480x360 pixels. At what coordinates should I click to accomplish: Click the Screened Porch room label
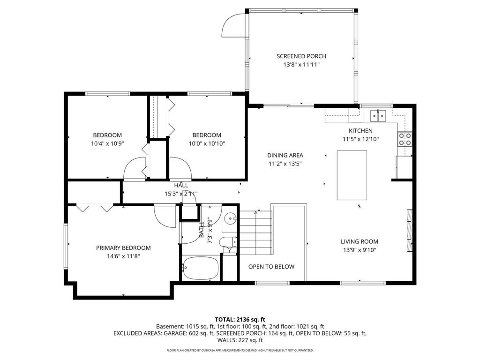coord(301,56)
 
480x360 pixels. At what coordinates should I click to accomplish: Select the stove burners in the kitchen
coord(405,139)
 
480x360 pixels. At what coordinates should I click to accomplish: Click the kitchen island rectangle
coord(352,175)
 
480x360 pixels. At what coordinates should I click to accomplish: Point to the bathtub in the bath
coord(200,268)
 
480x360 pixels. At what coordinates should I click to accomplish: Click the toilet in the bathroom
coord(228,245)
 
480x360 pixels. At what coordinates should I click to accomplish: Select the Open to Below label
coord(271,267)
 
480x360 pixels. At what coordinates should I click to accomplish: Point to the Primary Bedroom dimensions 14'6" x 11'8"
coord(123,256)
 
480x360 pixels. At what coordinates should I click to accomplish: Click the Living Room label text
coord(359,242)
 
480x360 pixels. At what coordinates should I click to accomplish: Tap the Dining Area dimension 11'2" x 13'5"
coord(285,164)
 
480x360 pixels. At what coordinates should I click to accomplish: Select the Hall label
coord(181,186)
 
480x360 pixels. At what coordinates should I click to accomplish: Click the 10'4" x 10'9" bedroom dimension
coord(107,144)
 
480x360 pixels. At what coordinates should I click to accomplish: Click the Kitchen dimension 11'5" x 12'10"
coord(360,139)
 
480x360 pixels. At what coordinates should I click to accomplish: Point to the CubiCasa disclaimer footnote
coord(240,350)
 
